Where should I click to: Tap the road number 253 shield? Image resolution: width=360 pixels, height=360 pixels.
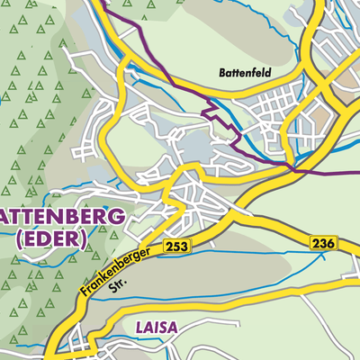(x=175, y=245)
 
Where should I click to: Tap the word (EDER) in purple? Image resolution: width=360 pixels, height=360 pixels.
(x=51, y=238)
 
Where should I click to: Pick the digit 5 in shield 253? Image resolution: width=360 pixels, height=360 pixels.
(x=175, y=245)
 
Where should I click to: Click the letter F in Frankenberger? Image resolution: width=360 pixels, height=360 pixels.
(x=83, y=294)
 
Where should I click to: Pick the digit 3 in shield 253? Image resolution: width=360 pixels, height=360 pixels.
(x=183, y=245)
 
